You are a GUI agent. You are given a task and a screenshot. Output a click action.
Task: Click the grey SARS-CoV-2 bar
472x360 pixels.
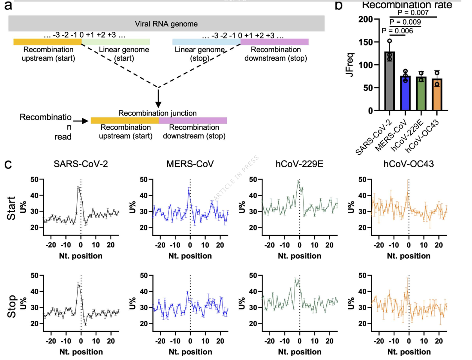(x=389, y=81)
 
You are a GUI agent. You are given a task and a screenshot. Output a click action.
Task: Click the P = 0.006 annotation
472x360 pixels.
(x=398, y=31)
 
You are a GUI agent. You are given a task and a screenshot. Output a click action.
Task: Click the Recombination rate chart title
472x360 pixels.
(x=407, y=5)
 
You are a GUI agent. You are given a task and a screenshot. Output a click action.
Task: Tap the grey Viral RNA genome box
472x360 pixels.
(x=166, y=24)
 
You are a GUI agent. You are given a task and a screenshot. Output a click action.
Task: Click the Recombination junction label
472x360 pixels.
(x=157, y=113)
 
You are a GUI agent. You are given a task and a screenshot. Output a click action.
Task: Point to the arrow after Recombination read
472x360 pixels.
(x=80, y=121)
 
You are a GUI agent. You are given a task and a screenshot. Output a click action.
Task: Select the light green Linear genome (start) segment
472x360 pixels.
(x=116, y=42)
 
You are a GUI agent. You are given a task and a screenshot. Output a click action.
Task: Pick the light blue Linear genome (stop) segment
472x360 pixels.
(x=206, y=42)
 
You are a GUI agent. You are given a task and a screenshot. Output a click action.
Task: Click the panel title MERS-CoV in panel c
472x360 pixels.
(x=190, y=165)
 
